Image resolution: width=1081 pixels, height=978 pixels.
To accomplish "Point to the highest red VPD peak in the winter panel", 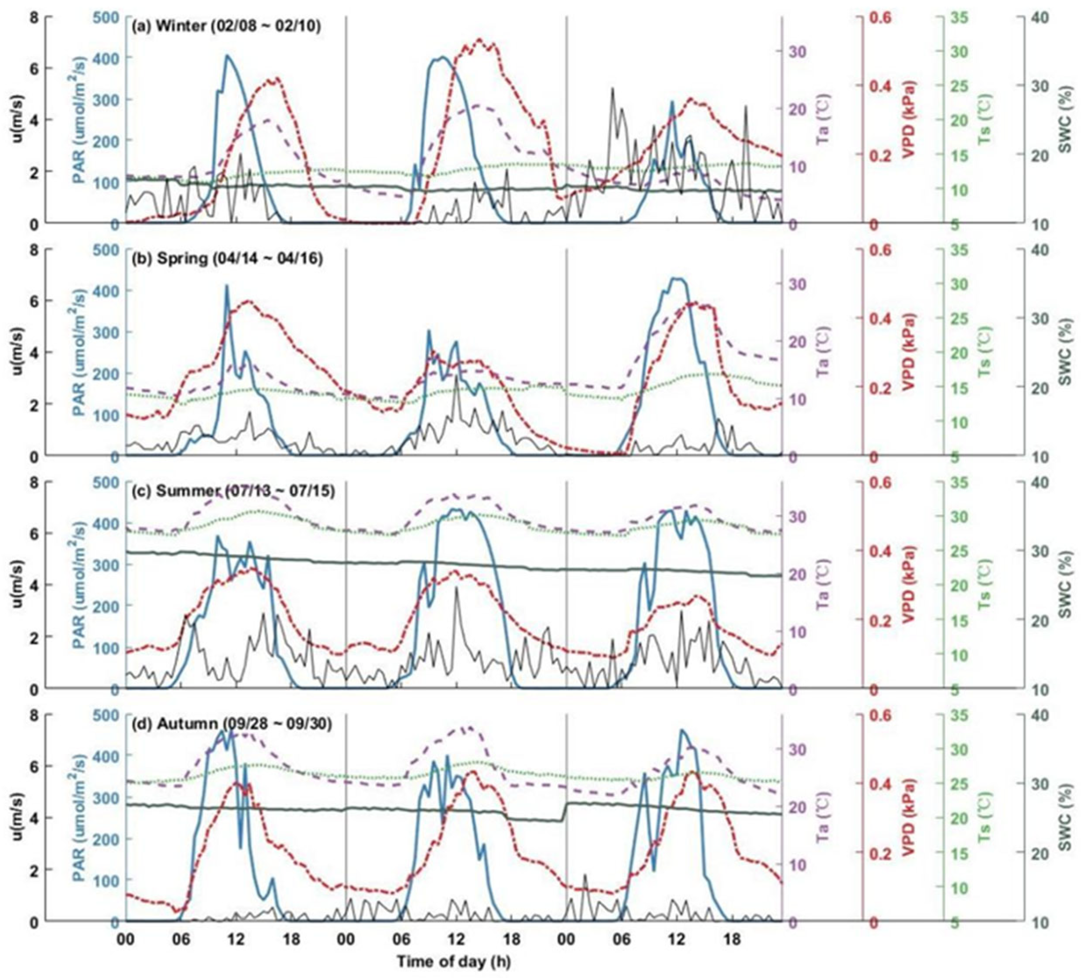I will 479,40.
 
